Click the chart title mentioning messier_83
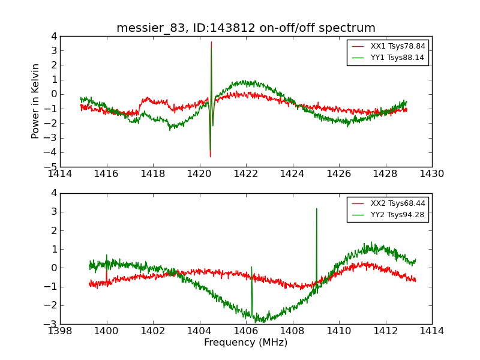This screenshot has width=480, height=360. point(246,28)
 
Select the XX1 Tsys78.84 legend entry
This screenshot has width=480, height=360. point(388,46)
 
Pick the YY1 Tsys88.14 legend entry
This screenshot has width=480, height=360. point(388,58)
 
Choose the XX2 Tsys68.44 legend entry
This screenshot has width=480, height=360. point(388,203)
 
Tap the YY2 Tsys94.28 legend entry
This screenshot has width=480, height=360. point(388,215)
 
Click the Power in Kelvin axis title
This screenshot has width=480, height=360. point(36,101)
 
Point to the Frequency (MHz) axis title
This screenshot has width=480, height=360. point(246,343)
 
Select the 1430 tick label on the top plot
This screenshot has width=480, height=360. point(432,174)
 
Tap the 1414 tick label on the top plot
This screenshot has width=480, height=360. point(60,174)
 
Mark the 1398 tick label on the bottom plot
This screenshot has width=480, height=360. point(60,331)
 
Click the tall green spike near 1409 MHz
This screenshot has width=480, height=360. point(316,209)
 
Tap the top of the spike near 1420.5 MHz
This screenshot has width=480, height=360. point(211,42)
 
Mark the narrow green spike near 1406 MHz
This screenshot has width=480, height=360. point(251,268)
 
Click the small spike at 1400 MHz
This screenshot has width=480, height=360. point(106,255)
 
